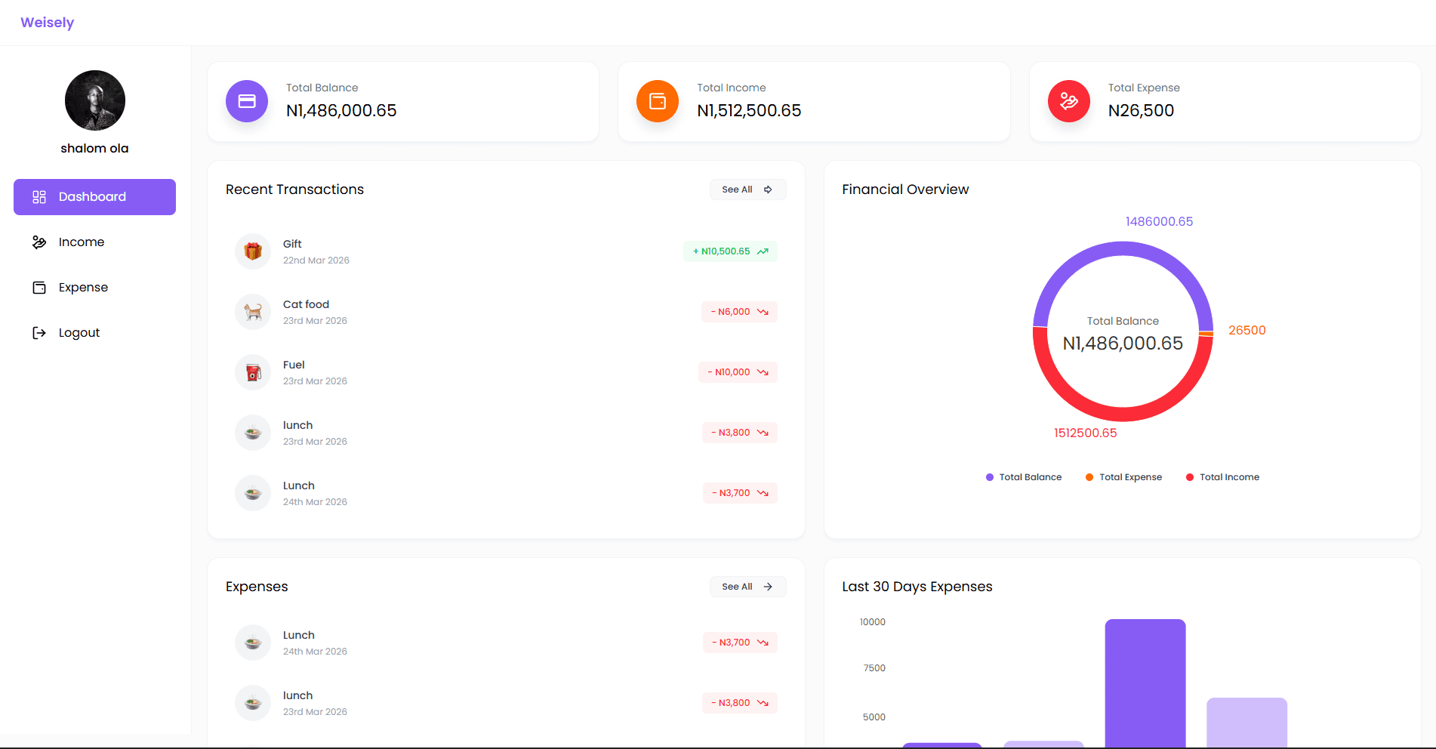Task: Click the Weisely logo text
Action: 47,23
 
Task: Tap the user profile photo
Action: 95,100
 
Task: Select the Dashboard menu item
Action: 94,197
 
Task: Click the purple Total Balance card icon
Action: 247,101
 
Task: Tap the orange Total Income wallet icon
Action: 658,101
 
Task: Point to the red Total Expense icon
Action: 1069,101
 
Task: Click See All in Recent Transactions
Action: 747,190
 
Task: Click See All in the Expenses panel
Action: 747,587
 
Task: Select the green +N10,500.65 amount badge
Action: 730,251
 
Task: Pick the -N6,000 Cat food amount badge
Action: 739,312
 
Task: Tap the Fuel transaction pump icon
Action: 253,372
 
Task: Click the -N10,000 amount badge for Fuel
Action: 738,372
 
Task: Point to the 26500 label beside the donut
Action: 1246,331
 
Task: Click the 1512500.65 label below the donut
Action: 1085,433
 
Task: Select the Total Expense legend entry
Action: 1123,477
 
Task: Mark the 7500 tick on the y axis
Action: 874,668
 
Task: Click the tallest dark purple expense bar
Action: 1145,683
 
